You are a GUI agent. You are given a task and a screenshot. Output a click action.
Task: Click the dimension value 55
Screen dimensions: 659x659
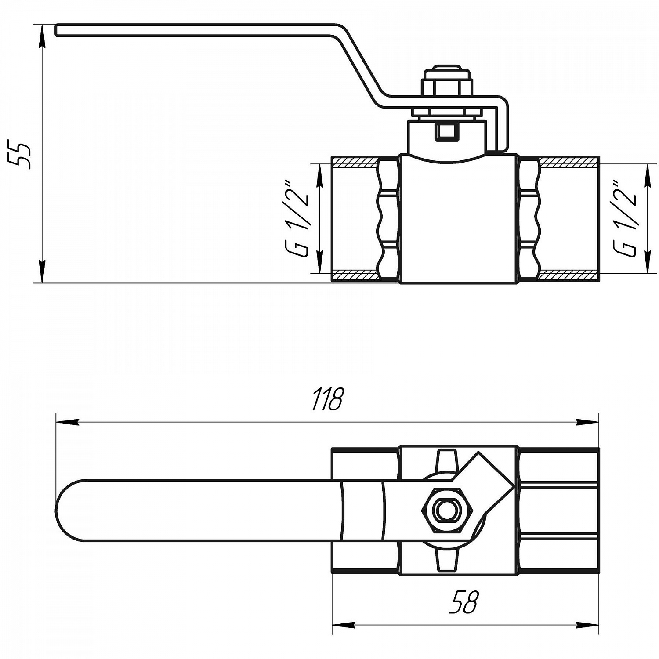point(21,155)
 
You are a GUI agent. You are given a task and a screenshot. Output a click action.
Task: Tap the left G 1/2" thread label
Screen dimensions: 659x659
point(298,218)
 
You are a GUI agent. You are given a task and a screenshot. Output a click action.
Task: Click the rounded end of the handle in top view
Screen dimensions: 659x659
point(66,510)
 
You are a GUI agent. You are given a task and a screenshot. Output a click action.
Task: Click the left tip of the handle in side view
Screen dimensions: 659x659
point(57,31)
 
